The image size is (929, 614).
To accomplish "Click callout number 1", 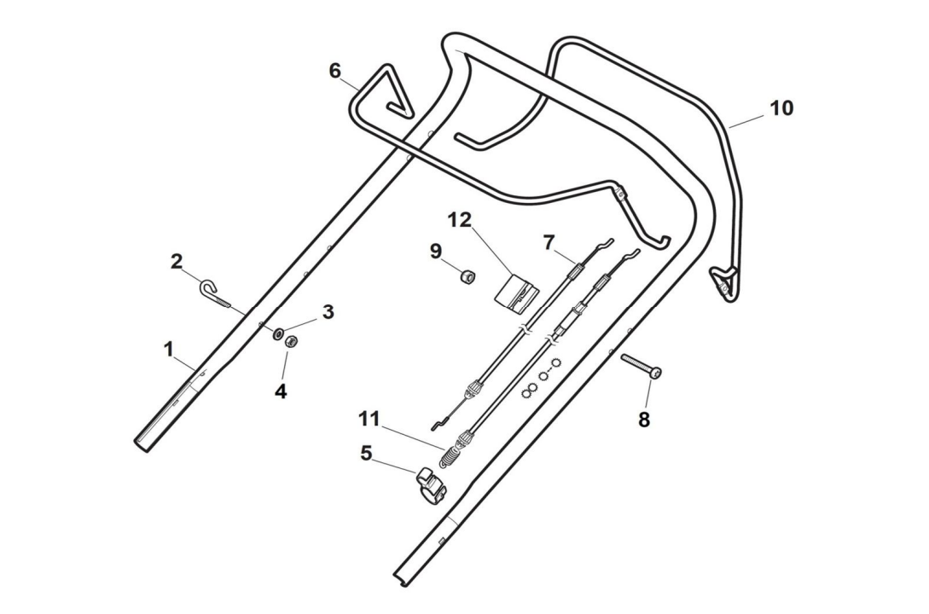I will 169,350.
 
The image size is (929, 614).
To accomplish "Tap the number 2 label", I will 177,261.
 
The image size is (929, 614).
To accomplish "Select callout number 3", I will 328,312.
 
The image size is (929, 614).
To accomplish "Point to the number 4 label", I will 281,392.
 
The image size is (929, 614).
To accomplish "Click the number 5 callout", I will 366,453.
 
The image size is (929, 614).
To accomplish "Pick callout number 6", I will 335,71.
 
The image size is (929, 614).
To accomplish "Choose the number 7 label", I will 549,241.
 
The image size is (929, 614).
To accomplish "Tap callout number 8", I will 644,420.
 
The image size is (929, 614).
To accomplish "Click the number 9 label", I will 436,252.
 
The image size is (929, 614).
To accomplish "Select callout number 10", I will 781,108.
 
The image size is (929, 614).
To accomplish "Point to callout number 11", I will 369,419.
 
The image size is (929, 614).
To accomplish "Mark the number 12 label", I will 460,220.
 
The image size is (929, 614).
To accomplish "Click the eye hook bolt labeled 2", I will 214,292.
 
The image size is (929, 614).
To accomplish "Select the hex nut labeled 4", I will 290,342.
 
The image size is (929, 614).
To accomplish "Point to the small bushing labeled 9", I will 467,276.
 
